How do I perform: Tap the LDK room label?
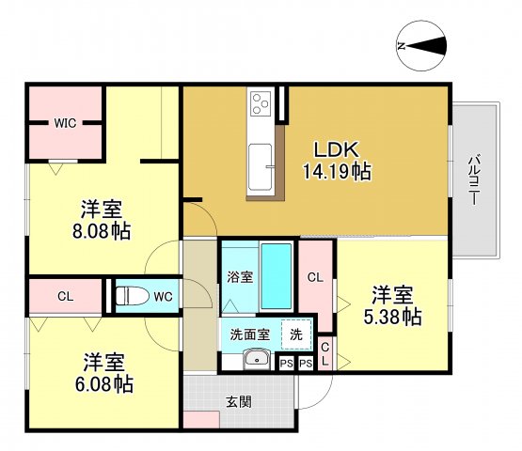click(x=334, y=149)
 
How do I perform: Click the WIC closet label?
click(x=65, y=122)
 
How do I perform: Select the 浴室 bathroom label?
click(x=239, y=277)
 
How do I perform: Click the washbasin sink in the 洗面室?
click(x=254, y=361)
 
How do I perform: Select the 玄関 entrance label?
click(x=238, y=401)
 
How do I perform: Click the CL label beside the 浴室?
click(x=316, y=277)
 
